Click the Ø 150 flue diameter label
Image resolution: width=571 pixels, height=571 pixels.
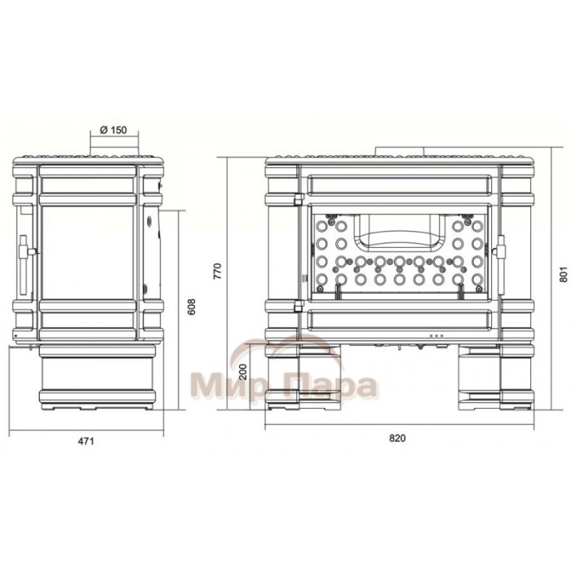(113, 130)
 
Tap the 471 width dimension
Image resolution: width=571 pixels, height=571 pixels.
(86, 441)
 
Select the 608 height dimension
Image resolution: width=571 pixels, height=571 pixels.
(192, 307)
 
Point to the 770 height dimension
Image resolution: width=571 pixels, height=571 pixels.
(217, 271)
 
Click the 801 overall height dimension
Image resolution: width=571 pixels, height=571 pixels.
(564, 275)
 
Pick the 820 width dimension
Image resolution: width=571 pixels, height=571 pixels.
(397, 438)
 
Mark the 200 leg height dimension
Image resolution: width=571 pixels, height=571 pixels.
(243, 372)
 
